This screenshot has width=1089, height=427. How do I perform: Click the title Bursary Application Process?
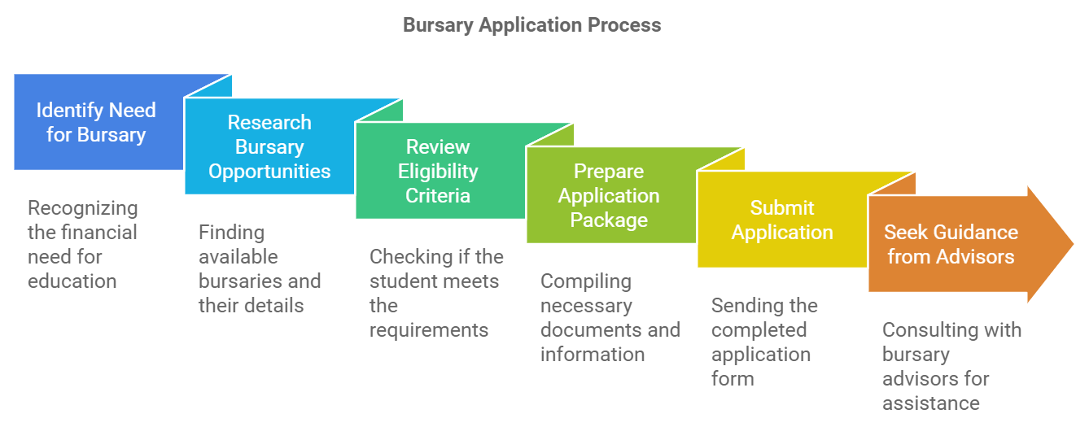[531, 25]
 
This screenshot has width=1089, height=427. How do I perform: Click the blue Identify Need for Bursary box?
[96, 123]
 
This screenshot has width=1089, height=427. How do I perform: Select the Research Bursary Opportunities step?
[269, 147]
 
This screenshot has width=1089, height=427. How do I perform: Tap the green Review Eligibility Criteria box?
[438, 172]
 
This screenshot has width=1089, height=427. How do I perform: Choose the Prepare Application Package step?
[609, 196]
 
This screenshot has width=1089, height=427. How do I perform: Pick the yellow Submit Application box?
[782, 220]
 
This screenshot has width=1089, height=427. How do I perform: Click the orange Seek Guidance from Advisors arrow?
[951, 245]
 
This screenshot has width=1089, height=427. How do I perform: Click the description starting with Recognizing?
[82, 245]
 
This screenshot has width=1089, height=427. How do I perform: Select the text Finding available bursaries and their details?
[259, 269]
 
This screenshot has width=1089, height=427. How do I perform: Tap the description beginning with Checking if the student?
[435, 294]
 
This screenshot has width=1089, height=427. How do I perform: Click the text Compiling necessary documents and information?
[610, 318]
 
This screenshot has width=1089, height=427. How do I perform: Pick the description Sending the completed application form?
[764, 342]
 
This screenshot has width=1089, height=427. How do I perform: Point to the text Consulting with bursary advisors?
[951, 367]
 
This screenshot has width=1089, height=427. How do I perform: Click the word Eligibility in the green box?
[438, 172]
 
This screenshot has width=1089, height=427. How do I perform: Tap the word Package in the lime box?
[609, 220]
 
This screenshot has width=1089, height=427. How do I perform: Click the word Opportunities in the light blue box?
[269, 172]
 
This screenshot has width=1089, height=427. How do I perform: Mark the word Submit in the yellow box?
[782, 208]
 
